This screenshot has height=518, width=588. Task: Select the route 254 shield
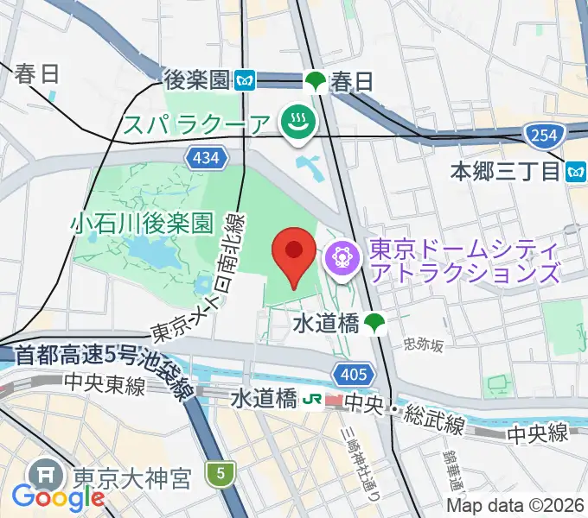click(543, 134)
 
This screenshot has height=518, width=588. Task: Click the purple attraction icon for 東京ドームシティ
click(342, 256)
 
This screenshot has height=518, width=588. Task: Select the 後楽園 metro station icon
click(246, 81)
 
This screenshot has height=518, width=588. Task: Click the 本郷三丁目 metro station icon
click(576, 172)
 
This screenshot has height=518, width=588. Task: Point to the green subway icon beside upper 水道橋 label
click(374, 324)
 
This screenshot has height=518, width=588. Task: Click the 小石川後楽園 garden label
click(142, 224)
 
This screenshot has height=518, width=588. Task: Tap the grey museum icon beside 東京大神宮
click(42, 475)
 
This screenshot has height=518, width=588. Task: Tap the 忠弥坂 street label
click(424, 345)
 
